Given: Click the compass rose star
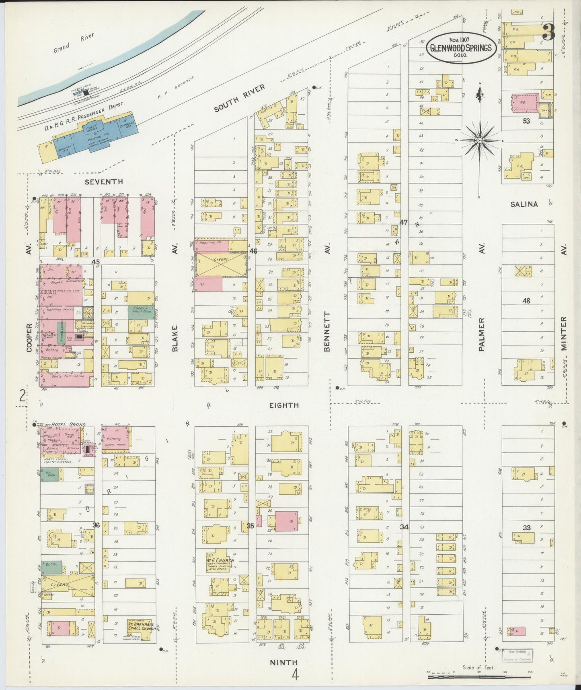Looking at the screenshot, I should pyautogui.click(x=480, y=140).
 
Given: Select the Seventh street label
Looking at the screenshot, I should pyautogui.click(x=104, y=182).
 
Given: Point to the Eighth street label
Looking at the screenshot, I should pyautogui.click(x=284, y=405).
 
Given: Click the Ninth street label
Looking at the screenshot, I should pyautogui.click(x=284, y=662).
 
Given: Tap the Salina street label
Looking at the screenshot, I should pyautogui.click(x=524, y=204).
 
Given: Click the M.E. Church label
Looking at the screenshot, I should pyautogui.click(x=220, y=560).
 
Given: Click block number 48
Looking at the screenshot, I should pyautogui.click(x=526, y=300).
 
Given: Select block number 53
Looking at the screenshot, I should pyautogui.click(x=526, y=121).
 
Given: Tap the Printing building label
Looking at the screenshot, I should pyautogui.click(x=114, y=439).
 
